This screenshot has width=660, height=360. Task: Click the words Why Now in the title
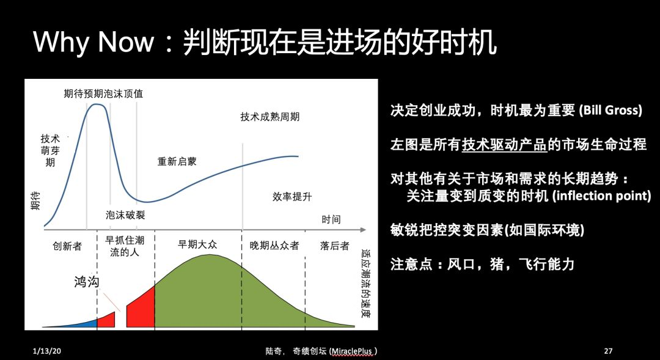click(94, 42)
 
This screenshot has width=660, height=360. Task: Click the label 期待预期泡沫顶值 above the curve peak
click(103, 94)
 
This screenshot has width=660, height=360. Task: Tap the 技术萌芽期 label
click(50, 150)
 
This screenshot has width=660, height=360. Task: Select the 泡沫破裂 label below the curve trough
click(125, 215)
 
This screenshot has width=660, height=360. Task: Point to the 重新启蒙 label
click(177, 161)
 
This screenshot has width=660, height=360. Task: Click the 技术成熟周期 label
click(270, 117)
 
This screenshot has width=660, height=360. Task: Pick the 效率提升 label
click(292, 197)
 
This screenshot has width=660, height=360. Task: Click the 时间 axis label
click(331, 219)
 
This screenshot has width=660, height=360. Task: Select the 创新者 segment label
click(67, 246)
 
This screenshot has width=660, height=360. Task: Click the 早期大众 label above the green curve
click(197, 244)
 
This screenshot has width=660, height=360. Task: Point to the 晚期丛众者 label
click(274, 246)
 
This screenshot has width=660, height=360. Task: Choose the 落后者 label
click(335, 246)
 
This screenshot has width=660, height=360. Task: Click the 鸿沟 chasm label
click(87, 281)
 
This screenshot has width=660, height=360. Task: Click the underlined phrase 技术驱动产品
click(504, 145)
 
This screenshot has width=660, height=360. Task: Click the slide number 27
click(608, 351)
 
